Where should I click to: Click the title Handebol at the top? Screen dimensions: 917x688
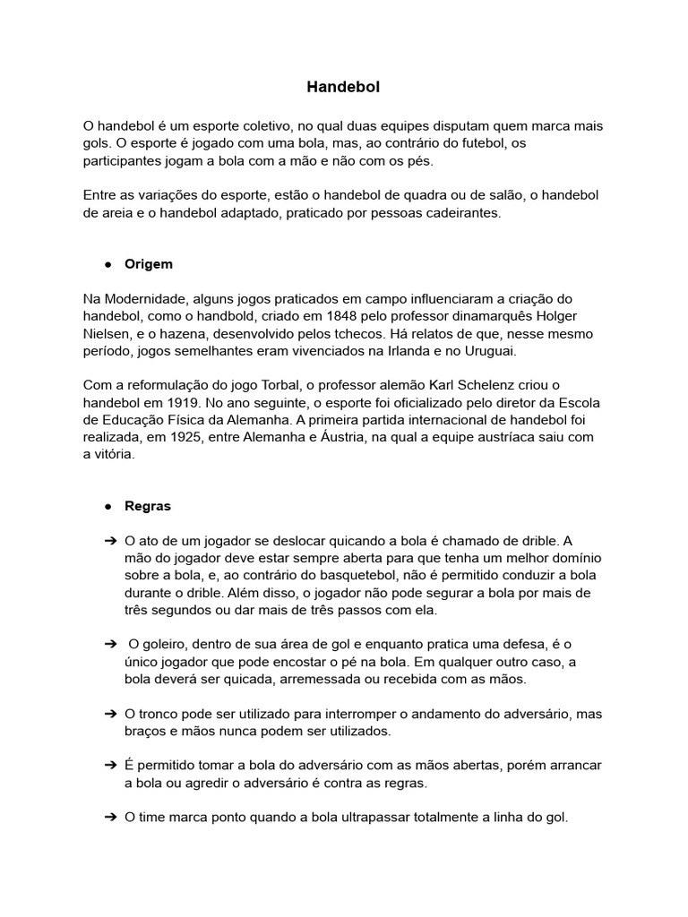pyautogui.click(x=343, y=87)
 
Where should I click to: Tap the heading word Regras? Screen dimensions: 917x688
pyautogui.click(x=148, y=506)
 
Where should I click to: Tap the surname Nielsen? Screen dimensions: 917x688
pyautogui.click(x=107, y=334)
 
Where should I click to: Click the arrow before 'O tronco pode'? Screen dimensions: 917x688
pyautogui.click(x=109, y=715)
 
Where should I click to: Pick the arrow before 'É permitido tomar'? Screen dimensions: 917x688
pyautogui.click(x=109, y=766)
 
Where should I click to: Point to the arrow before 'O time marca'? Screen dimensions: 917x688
pyautogui.click(x=109, y=818)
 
